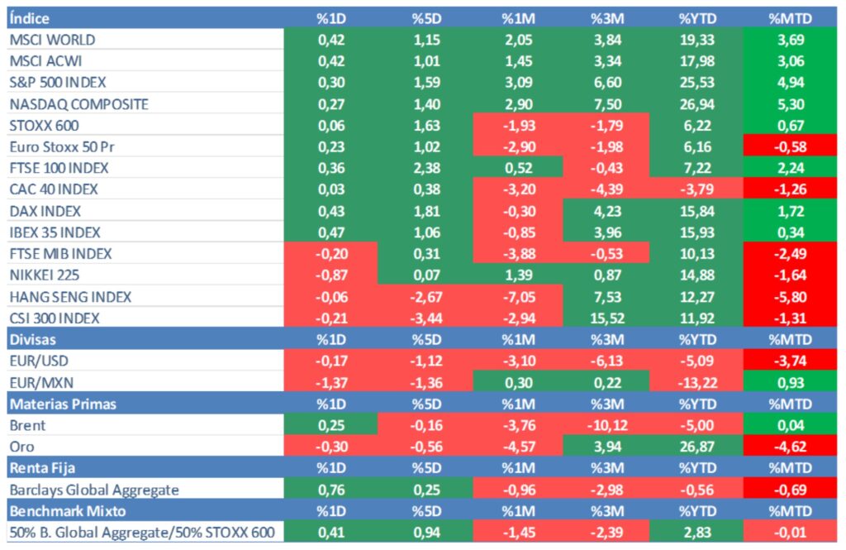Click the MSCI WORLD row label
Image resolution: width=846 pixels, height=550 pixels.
click(x=51, y=40)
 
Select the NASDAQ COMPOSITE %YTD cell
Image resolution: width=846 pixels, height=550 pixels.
click(x=696, y=104)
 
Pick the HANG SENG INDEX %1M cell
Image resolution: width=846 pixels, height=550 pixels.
click(x=519, y=297)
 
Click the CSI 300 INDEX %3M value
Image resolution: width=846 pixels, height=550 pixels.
click(x=608, y=318)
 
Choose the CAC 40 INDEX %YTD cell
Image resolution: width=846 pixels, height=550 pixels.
click(x=696, y=189)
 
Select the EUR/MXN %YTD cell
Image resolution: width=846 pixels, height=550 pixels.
click(x=696, y=382)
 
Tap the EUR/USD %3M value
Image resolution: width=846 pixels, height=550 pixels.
click(x=608, y=361)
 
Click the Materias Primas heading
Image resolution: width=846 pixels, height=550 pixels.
click(x=62, y=404)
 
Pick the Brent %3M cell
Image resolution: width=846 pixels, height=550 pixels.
click(x=608, y=425)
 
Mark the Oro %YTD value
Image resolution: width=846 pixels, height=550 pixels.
click(x=696, y=447)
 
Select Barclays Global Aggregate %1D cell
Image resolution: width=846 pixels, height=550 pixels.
click(x=330, y=490)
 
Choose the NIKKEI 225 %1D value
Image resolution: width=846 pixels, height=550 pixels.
click(x=330, y=275)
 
